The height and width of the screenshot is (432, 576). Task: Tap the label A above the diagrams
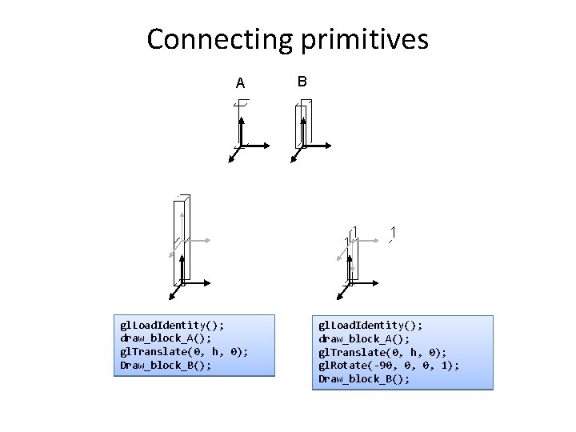(240, 83)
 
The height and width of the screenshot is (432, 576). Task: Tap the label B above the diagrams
(302, 82)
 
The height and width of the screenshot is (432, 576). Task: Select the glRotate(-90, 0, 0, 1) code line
(389, 366)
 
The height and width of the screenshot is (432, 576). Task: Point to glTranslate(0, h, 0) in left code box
(184, 352)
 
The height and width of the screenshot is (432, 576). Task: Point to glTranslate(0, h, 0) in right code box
(383, 352)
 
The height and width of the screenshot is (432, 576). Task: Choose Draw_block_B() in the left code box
(166, 366)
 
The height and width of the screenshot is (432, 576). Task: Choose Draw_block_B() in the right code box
(364, 379)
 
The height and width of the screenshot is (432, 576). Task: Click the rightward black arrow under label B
(318, 146)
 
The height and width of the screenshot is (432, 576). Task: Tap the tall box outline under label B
(303, 124)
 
